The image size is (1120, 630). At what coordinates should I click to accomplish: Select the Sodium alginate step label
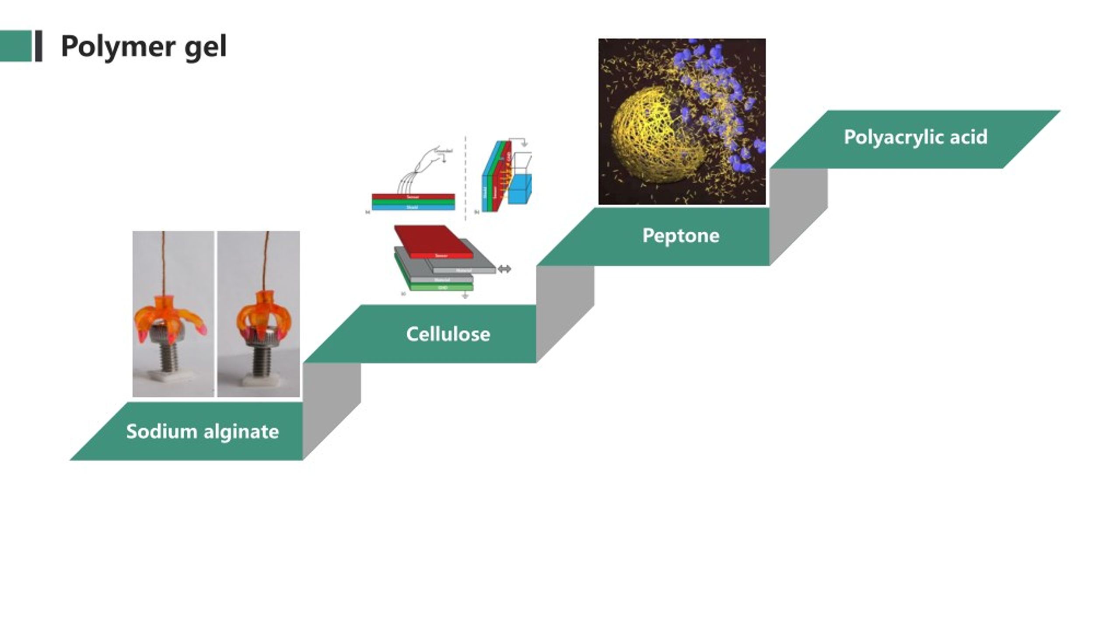(x=202, y=431)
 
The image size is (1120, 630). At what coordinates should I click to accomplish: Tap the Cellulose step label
(x=448, y=334)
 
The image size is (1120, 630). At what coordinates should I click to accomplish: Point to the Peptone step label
(x=681, y=236)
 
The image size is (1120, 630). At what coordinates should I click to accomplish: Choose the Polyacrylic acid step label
(x=915, y=137)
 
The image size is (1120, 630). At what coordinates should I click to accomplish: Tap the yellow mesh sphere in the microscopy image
(x=647, y=136)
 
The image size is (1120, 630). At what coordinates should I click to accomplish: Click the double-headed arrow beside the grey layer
(x=504, y=269)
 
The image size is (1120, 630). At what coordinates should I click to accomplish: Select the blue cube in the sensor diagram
(x=519, y=188)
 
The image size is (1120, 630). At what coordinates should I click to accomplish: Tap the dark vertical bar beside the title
(x=38, y=46)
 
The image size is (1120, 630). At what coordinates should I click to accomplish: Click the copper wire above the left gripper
(x=164, y=262)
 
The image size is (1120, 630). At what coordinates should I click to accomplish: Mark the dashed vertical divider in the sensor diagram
(x=465, y=179)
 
